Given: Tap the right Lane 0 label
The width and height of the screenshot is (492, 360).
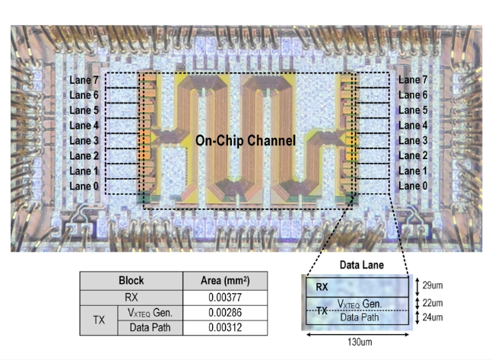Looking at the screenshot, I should [413, 186].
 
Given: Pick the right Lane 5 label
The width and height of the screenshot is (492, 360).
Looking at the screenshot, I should [413, 110].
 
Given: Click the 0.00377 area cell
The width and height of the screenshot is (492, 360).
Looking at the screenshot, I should [221, 297].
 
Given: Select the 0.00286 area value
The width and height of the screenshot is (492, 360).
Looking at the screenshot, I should [221, 312].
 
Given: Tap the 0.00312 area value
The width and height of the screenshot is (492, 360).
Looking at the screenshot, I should [221, 327].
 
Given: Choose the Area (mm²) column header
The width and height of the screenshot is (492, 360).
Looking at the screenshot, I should [221, 281].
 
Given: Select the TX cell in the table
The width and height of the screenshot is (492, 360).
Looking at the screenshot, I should [97, 320].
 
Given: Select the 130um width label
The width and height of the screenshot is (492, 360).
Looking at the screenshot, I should [352, 341].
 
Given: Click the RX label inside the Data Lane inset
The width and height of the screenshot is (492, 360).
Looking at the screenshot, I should [322, 287].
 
